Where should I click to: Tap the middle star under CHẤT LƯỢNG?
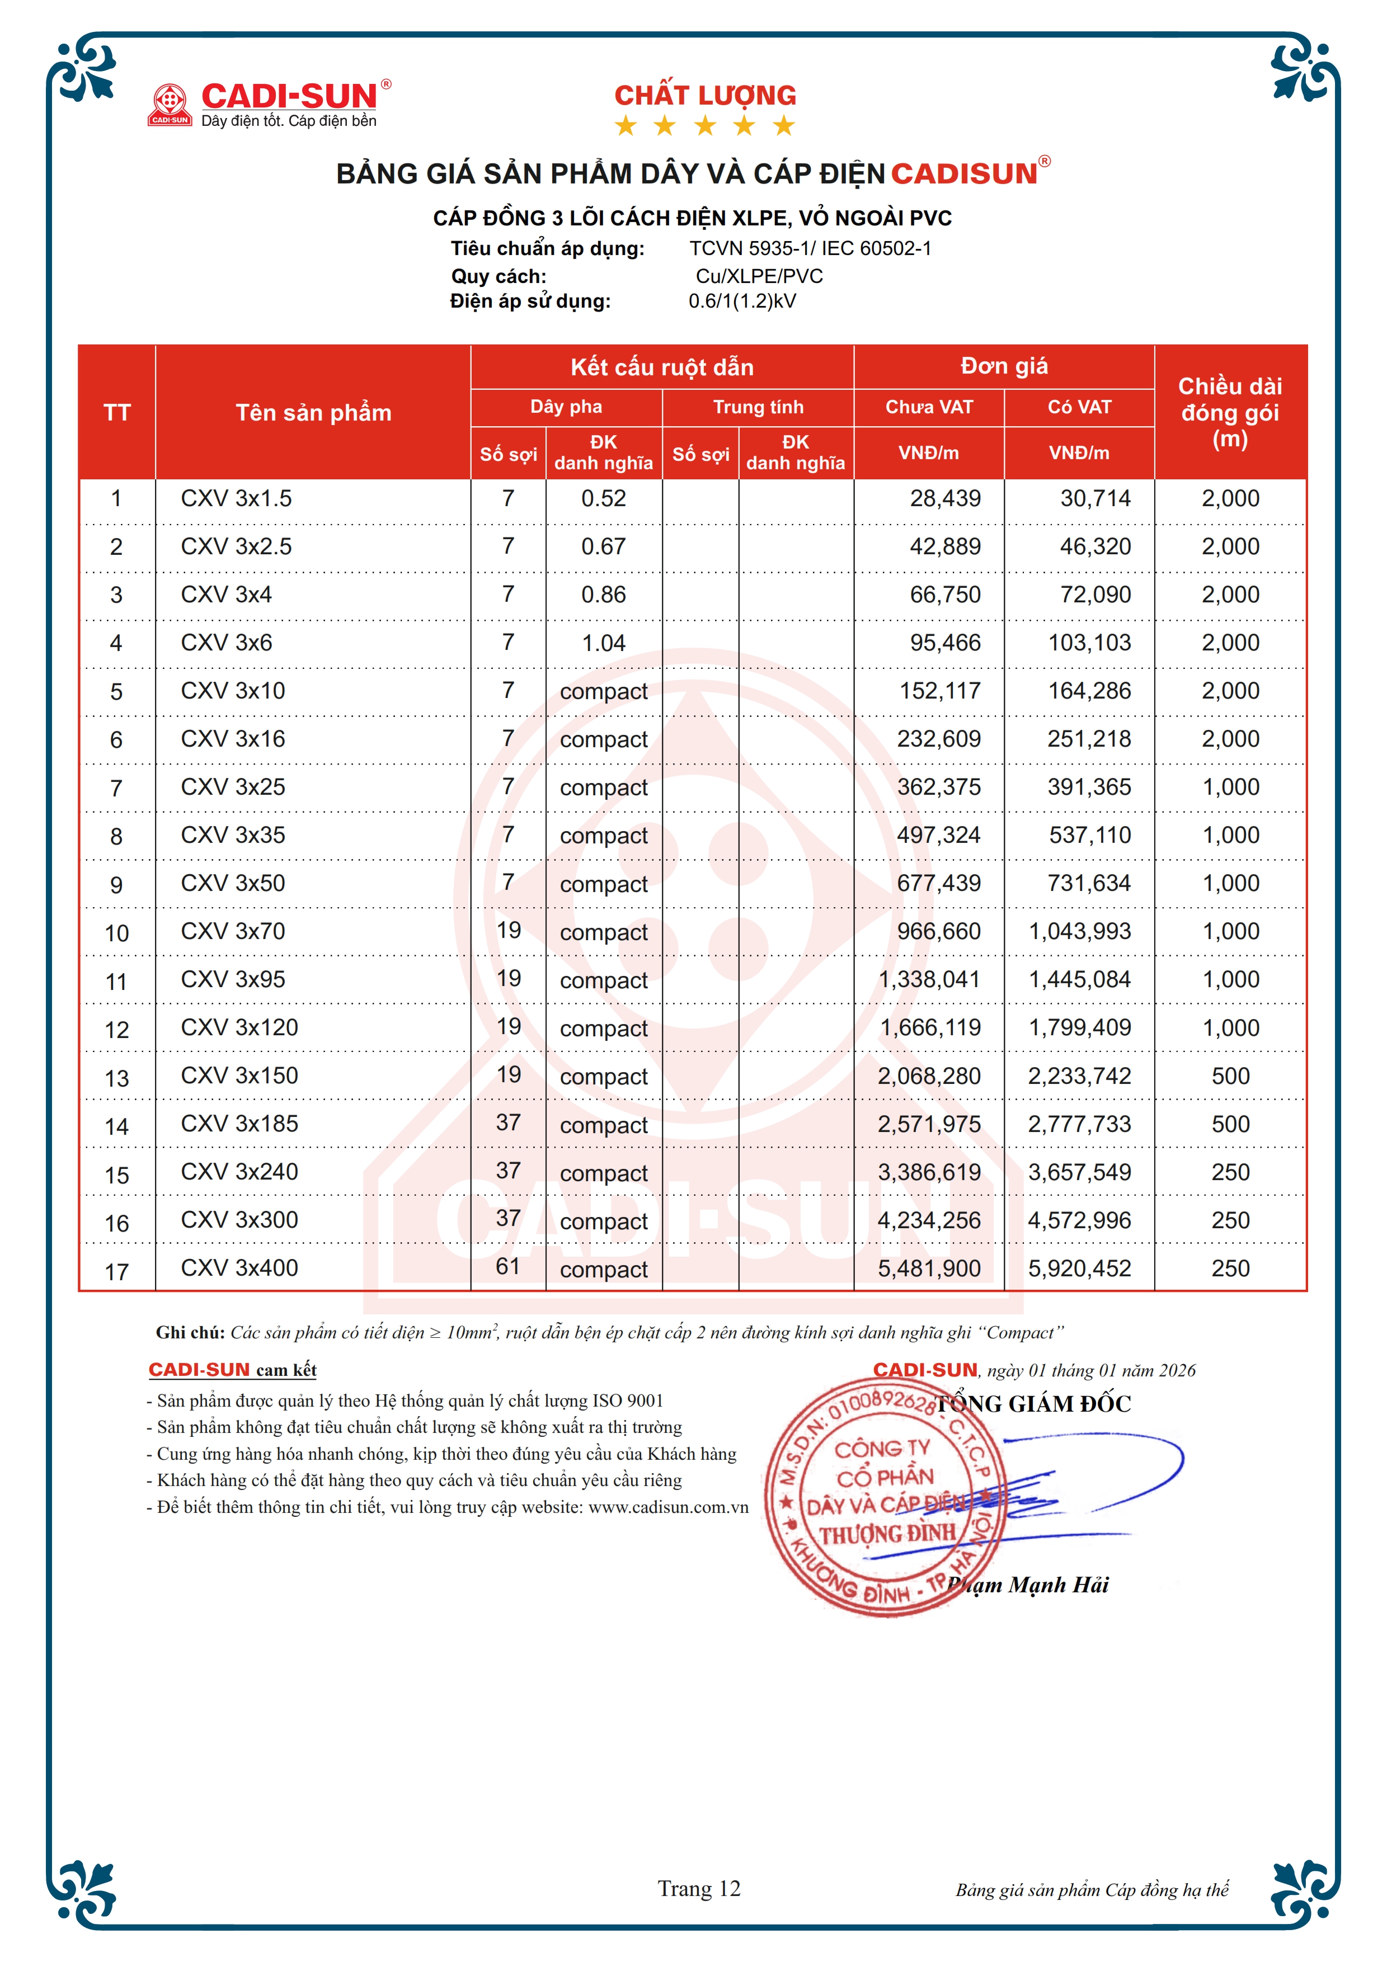(x=705, y=126)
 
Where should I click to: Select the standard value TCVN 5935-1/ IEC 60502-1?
(x=810, y=249)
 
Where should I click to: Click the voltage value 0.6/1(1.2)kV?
(x=742, y=301)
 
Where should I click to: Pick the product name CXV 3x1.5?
(x=236, y=498)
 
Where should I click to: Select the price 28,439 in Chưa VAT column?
(x=944, y=498)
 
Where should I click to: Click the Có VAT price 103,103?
(x=1089, y=643)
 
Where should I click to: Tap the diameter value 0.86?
(x=603, y=595)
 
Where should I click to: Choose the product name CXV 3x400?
(x=239, y=1268)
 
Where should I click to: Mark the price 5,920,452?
(x=1079, y=1269)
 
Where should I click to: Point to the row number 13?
(x=116, y=1078)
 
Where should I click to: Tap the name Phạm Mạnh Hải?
(x=1027, y=1585)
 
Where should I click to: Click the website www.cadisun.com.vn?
(x=667, y=1507)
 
